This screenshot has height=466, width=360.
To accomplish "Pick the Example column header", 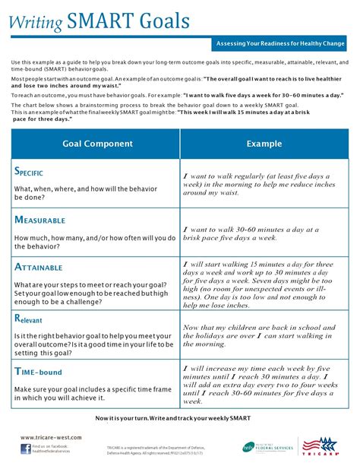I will tap(264, 143).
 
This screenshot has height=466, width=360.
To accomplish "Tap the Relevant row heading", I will tap(33, 319).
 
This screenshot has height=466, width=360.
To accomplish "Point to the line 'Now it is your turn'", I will tap(179, 418).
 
